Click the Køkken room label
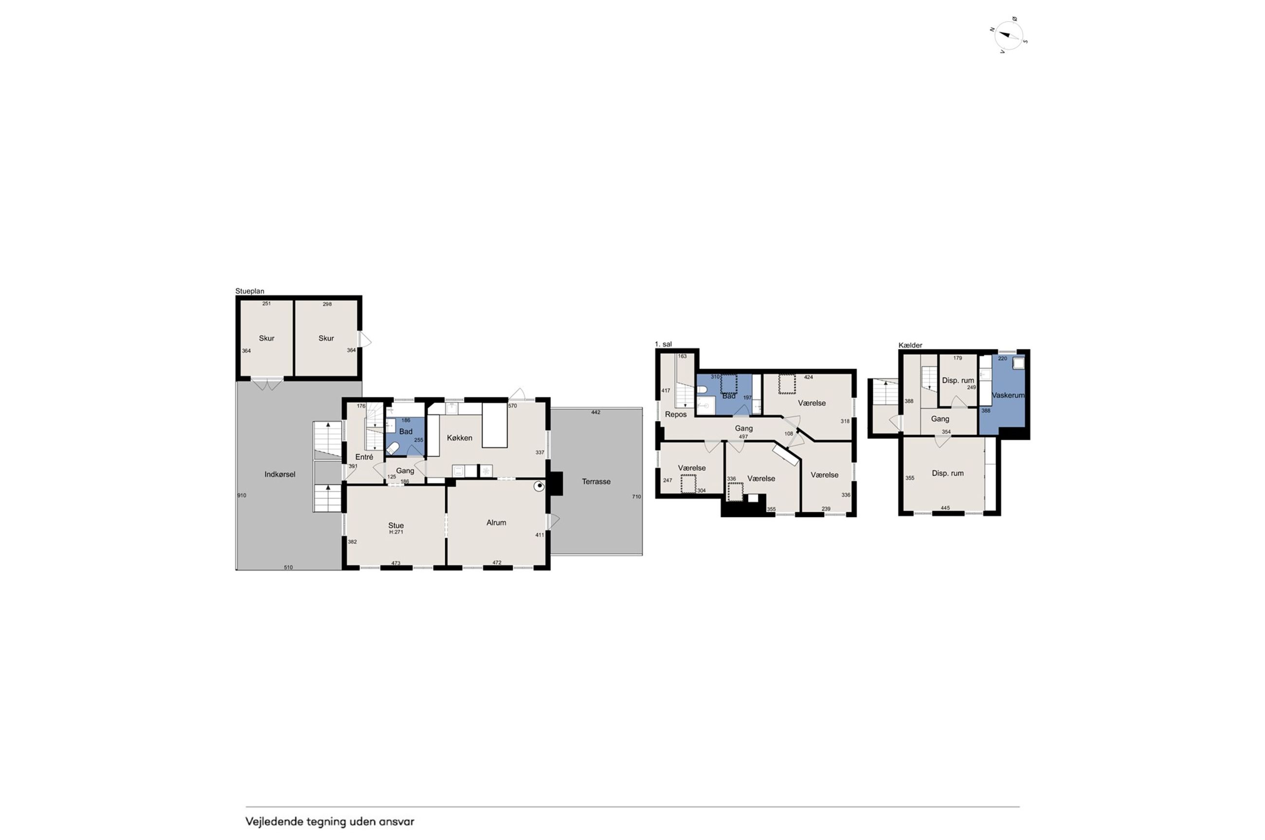coord(459,438)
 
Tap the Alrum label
coord(496,522)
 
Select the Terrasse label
coord(596,481)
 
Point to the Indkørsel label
coord(280,474)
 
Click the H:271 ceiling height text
coord(396,532)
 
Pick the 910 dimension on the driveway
coord(242,496)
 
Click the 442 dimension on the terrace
coord(596,412)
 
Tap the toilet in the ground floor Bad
coord(392,448)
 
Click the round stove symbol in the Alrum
coord(539,486)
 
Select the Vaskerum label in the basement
coord(1008,395)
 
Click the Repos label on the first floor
coord(676,414)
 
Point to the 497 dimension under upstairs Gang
coord(743,437)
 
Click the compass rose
coord(1009,36)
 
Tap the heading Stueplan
coord(250,291)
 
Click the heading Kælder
coord(910,345)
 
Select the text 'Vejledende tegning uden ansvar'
coord(330,821)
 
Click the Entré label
coord(364,457)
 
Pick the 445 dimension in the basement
coord(945,508)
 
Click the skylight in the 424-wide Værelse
coord(787,384)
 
